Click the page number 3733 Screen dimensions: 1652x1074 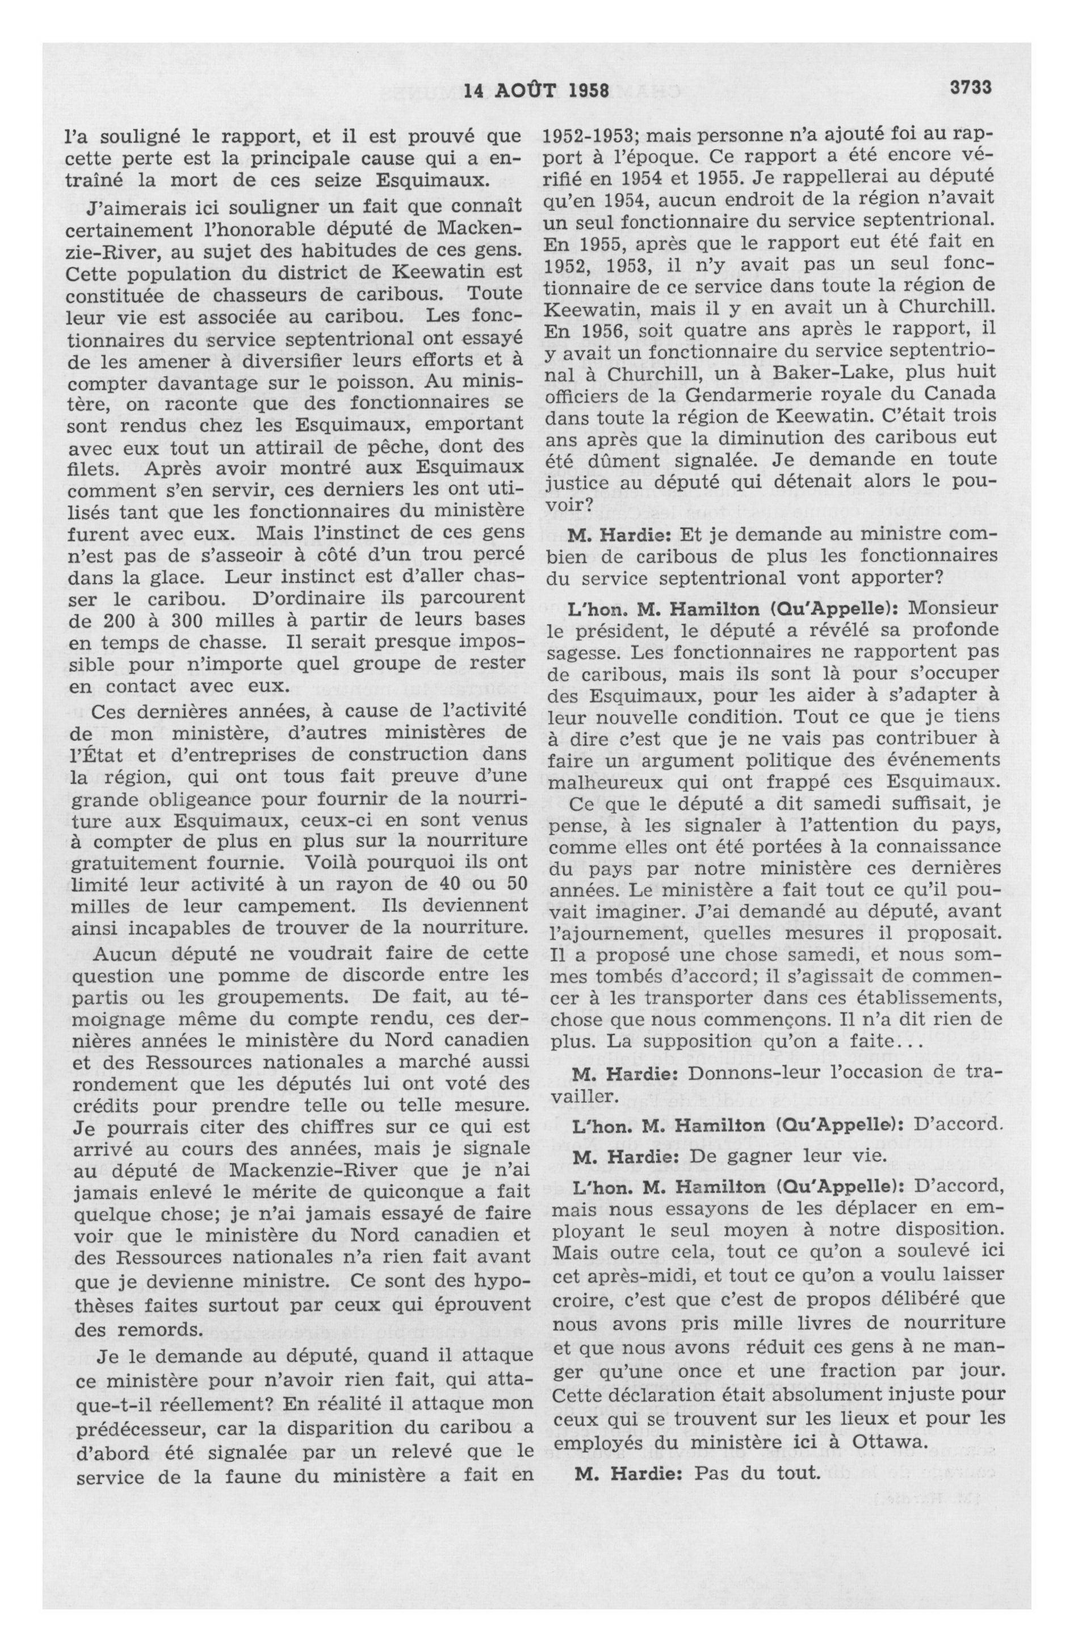(972, 88)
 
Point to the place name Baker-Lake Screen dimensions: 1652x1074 (777, 373)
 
